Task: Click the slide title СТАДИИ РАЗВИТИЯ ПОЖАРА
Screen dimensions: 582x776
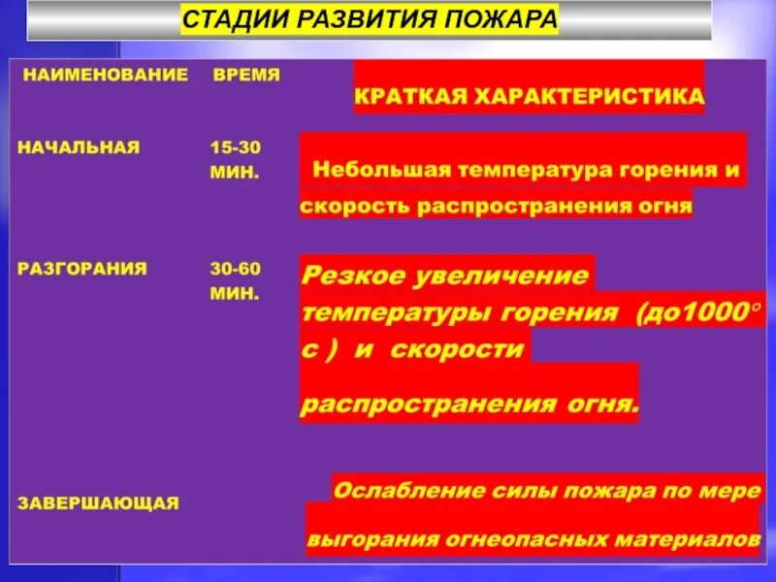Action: tap(370, 20)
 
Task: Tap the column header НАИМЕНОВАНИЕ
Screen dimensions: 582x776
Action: tap(106, 75)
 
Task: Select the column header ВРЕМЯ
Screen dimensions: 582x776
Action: tap(246, 75)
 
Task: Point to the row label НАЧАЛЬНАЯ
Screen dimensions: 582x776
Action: tap(80, 147)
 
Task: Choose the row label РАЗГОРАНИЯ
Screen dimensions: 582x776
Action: tap(83, 269)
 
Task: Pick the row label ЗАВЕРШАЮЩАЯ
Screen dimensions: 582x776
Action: tap(99, 502)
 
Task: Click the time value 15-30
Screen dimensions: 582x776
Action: tap(237, 147)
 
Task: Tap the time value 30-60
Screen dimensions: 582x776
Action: tap(237, 269)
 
